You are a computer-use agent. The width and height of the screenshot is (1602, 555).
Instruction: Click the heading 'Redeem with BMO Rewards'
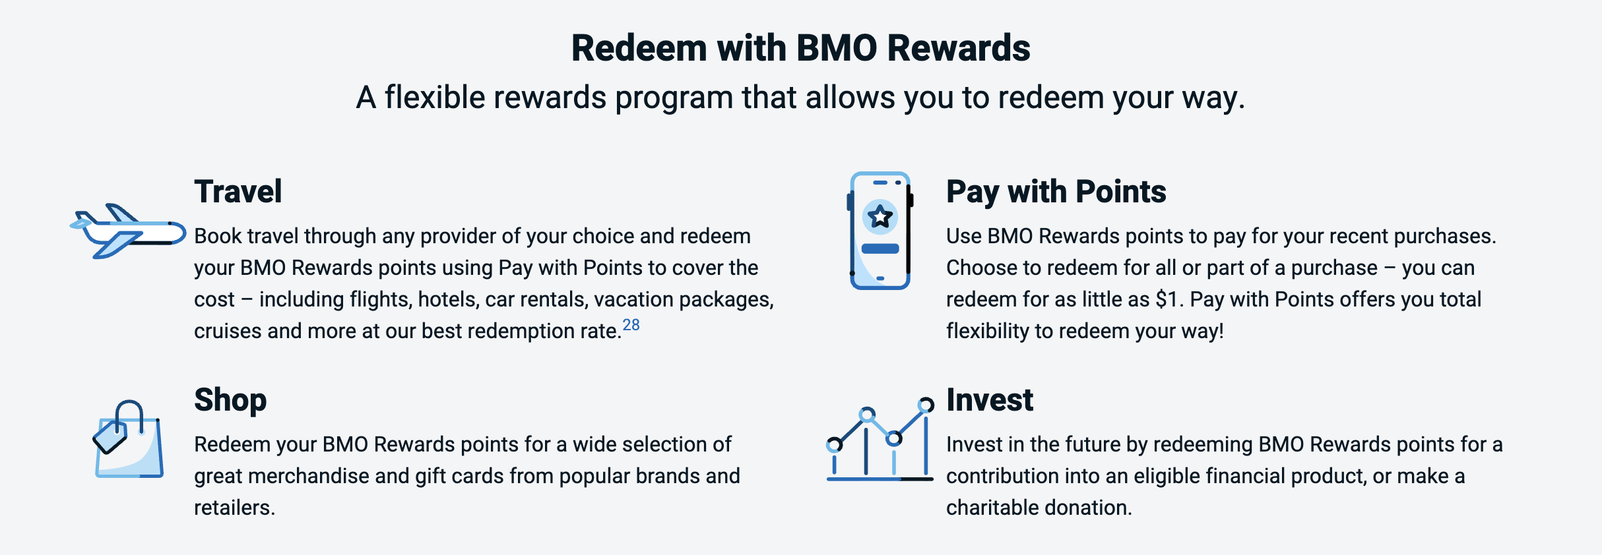[800, 49]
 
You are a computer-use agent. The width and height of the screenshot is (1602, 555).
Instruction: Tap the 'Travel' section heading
[238, 192]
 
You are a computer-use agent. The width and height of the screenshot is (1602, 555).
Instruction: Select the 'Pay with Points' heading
[1056, 192]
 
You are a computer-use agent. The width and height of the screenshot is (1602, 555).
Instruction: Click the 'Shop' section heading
[230, 400]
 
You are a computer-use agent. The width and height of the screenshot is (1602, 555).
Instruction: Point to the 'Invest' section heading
[989, 400]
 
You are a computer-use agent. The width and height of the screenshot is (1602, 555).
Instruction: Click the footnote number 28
[631, 325]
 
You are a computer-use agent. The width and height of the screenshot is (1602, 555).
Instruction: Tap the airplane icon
[128, 231]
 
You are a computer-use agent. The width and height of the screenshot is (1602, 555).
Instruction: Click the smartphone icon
[880, 231]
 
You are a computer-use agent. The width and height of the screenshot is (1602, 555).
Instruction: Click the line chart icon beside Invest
[880, 440]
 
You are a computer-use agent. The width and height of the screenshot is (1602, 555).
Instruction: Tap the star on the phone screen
[880, 216]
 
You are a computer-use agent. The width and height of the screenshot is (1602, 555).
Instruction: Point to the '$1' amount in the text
[1167, 299]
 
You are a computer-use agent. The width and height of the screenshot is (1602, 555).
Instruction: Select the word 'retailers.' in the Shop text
[234, 508]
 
